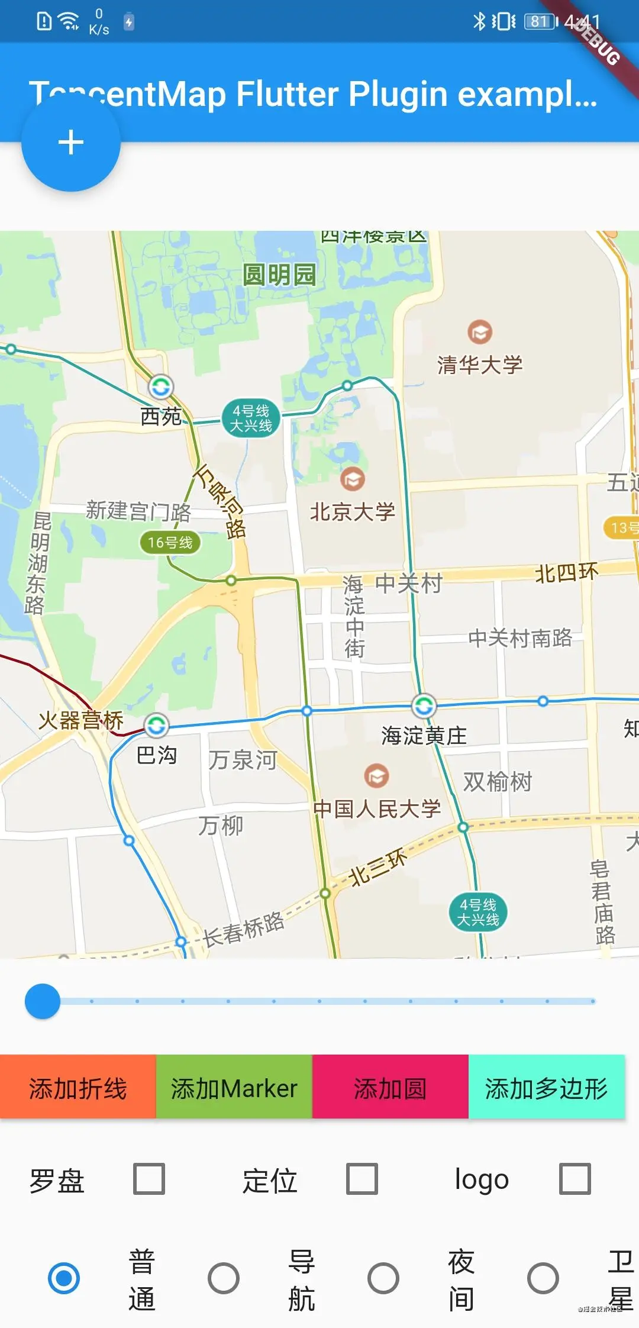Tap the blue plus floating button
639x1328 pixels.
click(71, 143)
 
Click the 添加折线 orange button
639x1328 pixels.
click(78, 1088)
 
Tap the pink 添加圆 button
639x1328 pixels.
click(390, 1088)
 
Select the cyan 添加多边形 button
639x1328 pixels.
click(546, 1088)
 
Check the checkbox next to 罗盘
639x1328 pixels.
click(149, 1179)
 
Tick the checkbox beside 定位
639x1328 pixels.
click(362, 1179)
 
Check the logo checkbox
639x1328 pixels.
click(575, 1179)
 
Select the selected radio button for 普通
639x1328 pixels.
click(64, 1278)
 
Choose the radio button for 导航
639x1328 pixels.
click(224, 1278)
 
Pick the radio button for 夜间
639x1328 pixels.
click(383, 1278)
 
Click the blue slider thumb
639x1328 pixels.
click(43, 1001)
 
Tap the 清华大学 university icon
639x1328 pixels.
click(480, 332)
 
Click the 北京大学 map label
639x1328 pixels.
click(353, 512)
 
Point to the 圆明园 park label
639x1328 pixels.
click(279, 275)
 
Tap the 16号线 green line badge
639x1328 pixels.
click(170, 543)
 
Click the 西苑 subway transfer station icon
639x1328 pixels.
click(161, 388)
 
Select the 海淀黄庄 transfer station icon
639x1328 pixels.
click(424, 705)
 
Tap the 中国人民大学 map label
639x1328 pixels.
click(377, 808)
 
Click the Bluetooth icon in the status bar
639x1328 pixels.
click(479, 22)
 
